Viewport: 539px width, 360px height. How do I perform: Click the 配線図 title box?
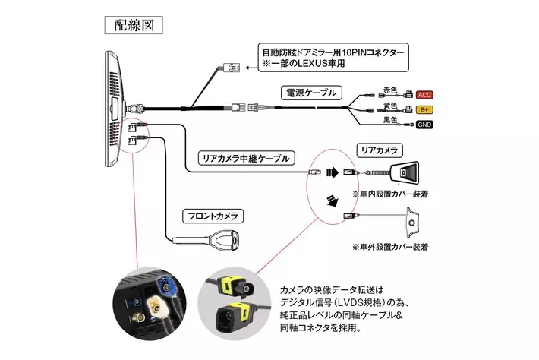(x=134, y=25)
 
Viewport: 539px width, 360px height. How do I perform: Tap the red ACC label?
(x=424, y=95)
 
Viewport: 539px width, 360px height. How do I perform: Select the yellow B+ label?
(x=424, y=109)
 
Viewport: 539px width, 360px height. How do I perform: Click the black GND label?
(x=424, y=125)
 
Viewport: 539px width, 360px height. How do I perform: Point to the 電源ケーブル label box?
(x=311, y=93)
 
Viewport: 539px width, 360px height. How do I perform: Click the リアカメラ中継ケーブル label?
(x=247, y=158)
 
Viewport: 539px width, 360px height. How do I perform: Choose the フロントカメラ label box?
(x=213, y=216)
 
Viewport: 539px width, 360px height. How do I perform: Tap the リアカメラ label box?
(x=380, y=150)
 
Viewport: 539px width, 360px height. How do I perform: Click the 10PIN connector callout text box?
(x=333, y=58)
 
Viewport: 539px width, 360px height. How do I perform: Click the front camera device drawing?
(x=206, y=239)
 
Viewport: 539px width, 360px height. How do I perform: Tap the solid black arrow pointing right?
(x=333, y=172)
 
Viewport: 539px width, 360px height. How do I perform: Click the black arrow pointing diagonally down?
(x=333, y=201)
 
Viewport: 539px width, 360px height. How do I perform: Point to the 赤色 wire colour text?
(x=390, y=90)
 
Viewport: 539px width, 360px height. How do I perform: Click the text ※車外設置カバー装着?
(x=390, y=247)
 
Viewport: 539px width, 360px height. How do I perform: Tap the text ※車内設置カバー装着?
(x=390, y=194)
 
